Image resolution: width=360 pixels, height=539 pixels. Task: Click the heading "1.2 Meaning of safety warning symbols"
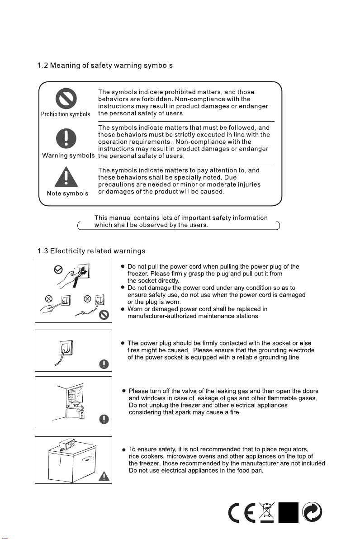click(x=105, y=65)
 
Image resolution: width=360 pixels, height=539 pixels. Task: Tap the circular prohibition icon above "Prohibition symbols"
click(x=66, y=99)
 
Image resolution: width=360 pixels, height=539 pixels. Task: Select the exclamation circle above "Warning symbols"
click(x=66, y=138)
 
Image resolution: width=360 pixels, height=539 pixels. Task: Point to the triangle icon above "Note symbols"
click(x=66, y=176)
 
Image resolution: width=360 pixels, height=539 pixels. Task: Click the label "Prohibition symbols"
click(x=65, y=114)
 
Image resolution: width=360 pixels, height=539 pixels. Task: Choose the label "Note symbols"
click(x=67, y=194)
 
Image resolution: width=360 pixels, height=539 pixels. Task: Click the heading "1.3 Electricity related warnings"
click(x=91, y=251)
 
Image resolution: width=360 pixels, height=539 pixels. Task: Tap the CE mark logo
click(x=242, y=512)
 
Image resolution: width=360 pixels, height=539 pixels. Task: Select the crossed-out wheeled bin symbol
click(x=267, y=512)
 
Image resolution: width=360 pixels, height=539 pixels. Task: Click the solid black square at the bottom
click(x=288, y=512)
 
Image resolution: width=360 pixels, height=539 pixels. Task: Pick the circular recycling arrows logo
click(x=312, y=512)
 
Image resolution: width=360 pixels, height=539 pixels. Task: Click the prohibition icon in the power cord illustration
click(x=104, y=315)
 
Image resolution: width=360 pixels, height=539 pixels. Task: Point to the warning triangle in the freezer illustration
click(x=104, y=476)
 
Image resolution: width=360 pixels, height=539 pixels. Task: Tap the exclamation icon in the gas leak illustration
click(x=104, y=419)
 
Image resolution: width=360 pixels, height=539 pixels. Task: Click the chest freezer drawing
click(x=71, y=461)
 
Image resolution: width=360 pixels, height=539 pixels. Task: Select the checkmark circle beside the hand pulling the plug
click(x=58, y=270)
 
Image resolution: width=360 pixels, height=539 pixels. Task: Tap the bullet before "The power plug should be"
click(x=123, y=343)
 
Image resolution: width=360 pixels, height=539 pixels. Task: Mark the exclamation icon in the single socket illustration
click(x=104, y=364)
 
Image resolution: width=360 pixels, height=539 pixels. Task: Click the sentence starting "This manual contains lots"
click(x=181, y=222)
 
